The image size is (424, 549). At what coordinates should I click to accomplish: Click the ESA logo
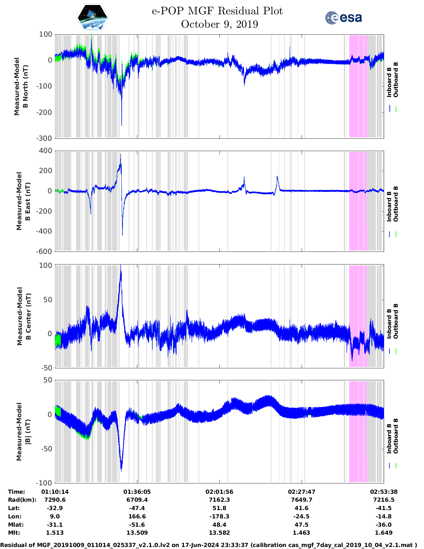point(344,18)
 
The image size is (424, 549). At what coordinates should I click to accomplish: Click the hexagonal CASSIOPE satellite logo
point(92,18)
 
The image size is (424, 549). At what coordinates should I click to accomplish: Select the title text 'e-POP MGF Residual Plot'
point(217,11)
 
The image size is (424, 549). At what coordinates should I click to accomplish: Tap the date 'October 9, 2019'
point(219,24)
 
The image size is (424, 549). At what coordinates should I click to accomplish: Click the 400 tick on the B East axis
point(46,151)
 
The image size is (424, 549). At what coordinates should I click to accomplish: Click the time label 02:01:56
point(219,492)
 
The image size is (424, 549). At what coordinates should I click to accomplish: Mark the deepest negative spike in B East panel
point(122,235)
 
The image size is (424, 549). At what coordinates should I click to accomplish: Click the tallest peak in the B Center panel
point(121,266)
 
